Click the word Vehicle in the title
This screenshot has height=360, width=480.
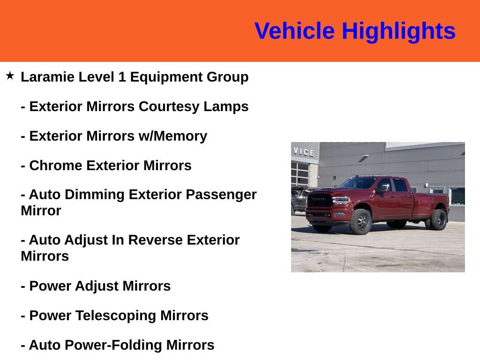294,31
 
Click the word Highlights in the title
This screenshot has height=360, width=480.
398,31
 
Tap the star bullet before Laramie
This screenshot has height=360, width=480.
10,75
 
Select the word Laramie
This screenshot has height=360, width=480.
47,77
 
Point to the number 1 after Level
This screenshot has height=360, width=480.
122,77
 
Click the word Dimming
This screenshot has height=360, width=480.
95,195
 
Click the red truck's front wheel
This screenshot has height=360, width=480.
360,221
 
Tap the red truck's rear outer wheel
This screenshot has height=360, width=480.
439,219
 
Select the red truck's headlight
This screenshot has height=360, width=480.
341,201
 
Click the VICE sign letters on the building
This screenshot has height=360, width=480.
304,152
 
